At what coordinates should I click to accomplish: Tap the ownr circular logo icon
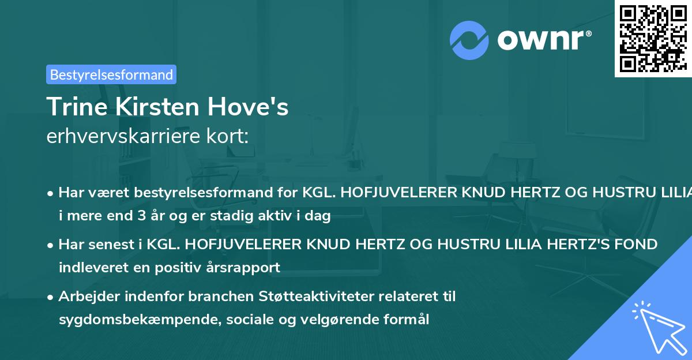(x=469, y=40)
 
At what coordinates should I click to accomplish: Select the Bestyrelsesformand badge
(x=111, y=74)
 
